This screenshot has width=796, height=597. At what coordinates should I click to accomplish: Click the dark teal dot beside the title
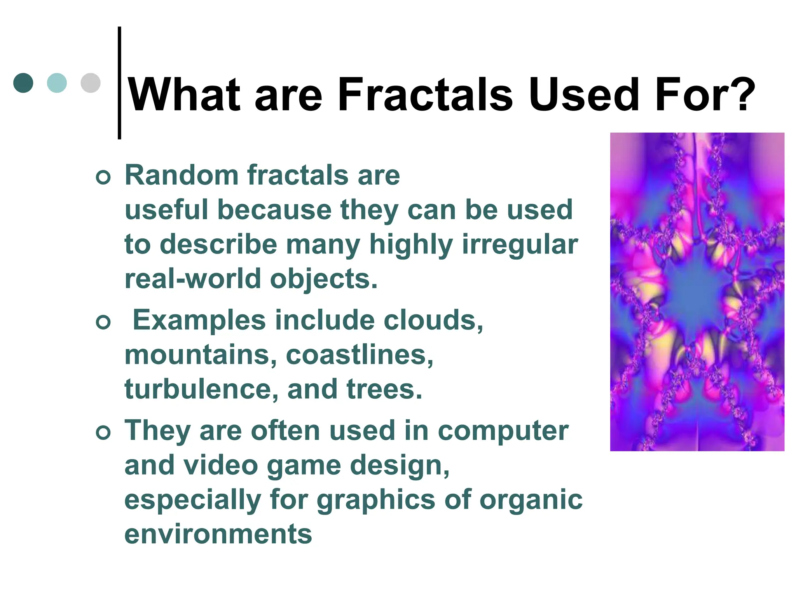[x=23, y=83]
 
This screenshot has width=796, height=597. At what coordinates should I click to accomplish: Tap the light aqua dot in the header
[x=57, y=83]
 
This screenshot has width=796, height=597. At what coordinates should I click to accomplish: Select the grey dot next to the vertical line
[x=91, y=83]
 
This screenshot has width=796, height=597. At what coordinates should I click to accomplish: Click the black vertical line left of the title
[x=119, y=83]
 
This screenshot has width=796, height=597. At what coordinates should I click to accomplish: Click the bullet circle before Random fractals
[x=103, y=177]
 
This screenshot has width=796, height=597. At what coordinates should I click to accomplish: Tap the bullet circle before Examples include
[x=103, y=322]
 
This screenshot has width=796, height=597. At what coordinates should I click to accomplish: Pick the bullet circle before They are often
[x=103, y=433]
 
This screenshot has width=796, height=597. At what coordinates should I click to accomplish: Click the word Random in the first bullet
[x=182, y=175]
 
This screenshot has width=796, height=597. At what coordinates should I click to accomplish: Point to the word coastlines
[x=359, y=355]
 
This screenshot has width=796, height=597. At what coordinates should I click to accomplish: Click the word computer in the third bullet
[x=503, y=431]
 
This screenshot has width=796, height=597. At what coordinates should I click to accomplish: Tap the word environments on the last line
[x=218, y=534]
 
